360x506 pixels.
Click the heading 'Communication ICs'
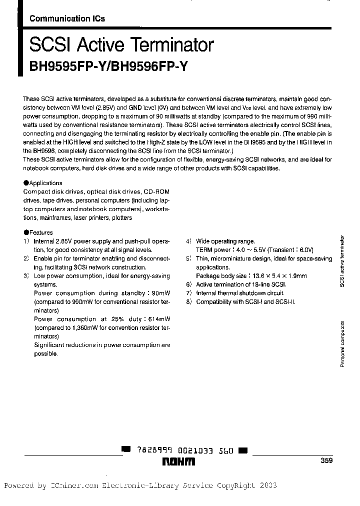pos(67,19)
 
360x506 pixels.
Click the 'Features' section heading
pos(39,232)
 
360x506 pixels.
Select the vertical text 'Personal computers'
pos(342,344)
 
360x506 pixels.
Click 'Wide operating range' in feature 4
pos(225,241)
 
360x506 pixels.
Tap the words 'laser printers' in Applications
pos(93,218)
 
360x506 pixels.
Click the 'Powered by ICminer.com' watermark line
pos(140,485)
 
